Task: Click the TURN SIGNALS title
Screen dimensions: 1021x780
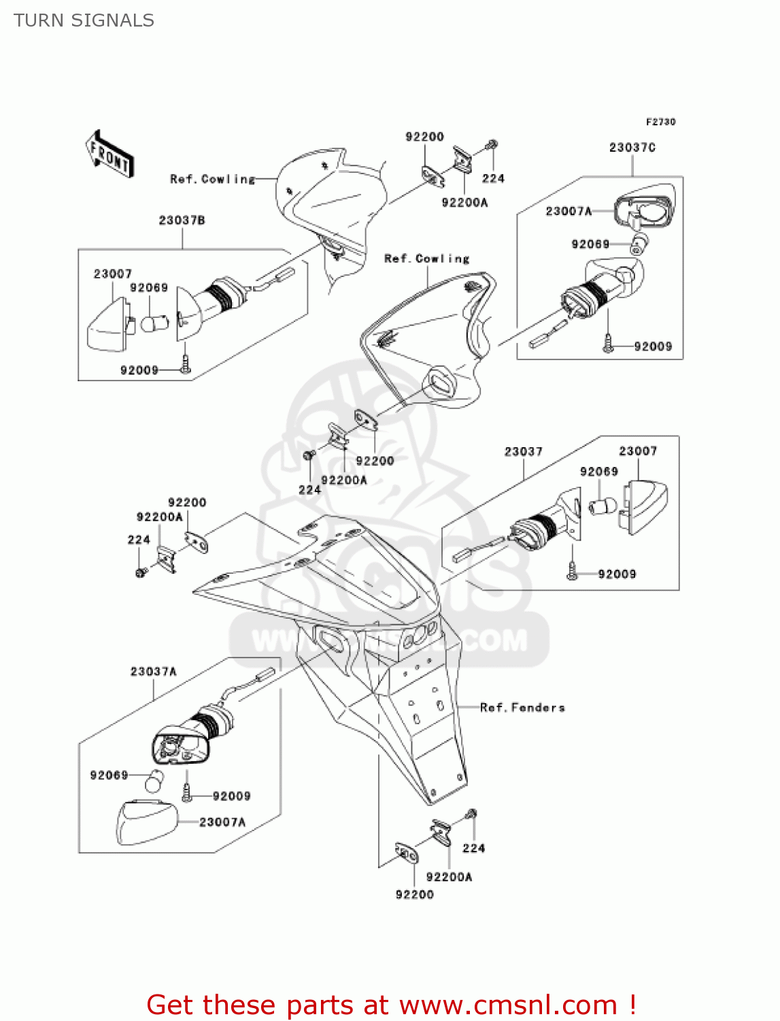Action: point(84,20)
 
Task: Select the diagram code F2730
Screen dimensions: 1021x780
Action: point(660,122)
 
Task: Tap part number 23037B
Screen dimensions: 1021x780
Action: point(182,220)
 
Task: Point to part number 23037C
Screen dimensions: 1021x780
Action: point(632,147)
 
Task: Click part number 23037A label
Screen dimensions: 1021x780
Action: point(153,671)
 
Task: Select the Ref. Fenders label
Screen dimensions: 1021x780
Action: point(522,707)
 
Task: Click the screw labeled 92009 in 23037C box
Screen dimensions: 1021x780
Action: point(608,344)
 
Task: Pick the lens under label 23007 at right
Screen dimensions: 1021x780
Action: point(643,506)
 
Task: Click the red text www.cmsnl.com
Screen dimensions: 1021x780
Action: point(507,1005)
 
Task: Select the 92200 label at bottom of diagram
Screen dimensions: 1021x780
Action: point(414,894)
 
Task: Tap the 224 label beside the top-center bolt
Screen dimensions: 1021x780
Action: point(493,178)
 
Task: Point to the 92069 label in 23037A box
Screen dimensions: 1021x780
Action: point(109,775)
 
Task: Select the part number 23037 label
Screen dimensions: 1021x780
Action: point(523,451)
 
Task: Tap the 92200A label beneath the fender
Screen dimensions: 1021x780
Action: point(449,877)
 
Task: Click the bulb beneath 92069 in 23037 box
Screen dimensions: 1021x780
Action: point(602,506)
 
